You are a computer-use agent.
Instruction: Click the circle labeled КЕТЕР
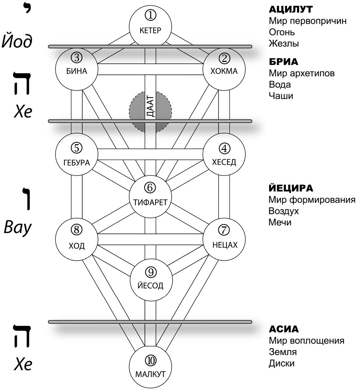[150, 25]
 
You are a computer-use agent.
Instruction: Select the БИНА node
[76, 69]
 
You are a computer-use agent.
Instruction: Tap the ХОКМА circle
[224, 69]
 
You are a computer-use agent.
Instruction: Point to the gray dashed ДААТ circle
[150, 111]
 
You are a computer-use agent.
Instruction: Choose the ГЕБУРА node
[76, 154]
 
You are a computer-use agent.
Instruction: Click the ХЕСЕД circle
[224, 154]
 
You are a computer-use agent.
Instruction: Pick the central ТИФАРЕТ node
[150, 196]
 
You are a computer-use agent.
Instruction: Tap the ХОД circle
[76, 239]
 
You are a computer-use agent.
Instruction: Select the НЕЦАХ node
[224, 239]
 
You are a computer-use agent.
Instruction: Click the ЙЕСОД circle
[151, 280]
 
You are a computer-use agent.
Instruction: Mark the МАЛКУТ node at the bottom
[150, 369]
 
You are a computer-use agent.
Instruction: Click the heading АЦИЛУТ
[291, 9]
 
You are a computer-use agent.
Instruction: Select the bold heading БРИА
[283, 62]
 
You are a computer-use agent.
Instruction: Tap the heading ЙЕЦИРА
[291, 188]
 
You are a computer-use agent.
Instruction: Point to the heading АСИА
[284, 329]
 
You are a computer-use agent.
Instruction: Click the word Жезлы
[284, 44]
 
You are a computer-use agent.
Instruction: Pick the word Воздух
[284, 211]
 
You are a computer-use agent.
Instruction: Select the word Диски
[281, 363]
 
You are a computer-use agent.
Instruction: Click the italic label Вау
[18, 227]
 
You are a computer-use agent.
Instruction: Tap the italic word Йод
[17, 41]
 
